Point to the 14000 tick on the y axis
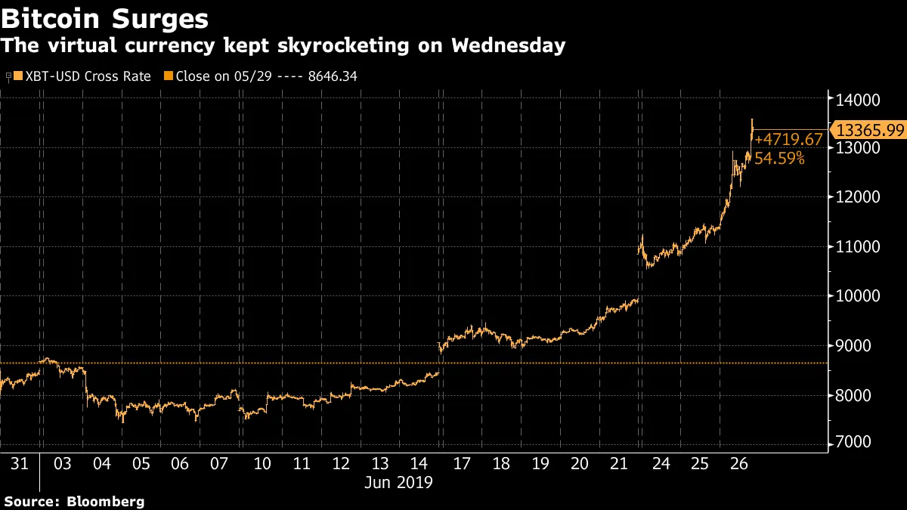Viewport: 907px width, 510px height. [x=858, y=99]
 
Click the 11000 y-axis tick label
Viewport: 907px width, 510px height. [x=858, y=246]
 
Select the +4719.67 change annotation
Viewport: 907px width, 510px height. [x=788, y=140]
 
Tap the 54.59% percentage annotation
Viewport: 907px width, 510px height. [x=779, y=159]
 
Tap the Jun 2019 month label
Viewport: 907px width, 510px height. [x=400, y=482]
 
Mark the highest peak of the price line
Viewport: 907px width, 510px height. [x=751, y=119]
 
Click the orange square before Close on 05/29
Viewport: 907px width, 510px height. [x=169, y=76]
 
